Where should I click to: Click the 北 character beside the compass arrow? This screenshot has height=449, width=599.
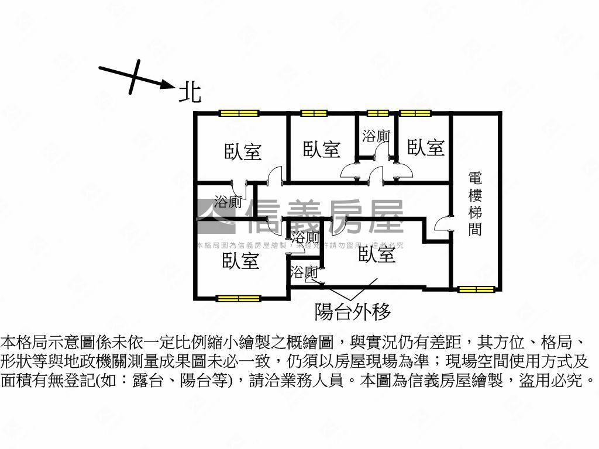click(x=190, y=92)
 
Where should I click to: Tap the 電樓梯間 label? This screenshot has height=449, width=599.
click(x=475, y=203)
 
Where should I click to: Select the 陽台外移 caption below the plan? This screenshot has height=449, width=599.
click(x=352, y=311)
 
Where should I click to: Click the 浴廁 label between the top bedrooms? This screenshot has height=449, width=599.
click(x=376, y=136)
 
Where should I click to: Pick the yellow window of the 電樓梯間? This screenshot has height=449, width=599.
click(x=476, y=289)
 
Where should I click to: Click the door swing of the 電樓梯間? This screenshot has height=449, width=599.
click(x=443, y=225)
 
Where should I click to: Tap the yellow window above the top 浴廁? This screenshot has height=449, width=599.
click(x=377, y=113)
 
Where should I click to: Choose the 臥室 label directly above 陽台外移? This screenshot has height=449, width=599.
click(x=377, y=254)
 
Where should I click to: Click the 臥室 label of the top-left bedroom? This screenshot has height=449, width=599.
click(x=243, y=152)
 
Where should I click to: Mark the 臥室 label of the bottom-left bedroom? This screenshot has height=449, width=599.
click(x=240, y=261)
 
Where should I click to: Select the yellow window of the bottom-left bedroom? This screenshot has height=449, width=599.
click(x=238, y=298)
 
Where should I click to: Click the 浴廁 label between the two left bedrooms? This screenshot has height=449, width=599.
click(x=228, y=203)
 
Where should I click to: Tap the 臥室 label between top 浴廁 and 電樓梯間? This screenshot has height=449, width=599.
click(x=425, y=147)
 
